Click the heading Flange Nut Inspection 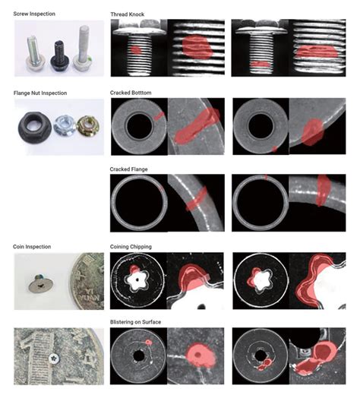(40, 93)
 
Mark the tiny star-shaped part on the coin (53, 357)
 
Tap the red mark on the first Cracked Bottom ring (159, 115)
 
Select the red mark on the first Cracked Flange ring (163, 188)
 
